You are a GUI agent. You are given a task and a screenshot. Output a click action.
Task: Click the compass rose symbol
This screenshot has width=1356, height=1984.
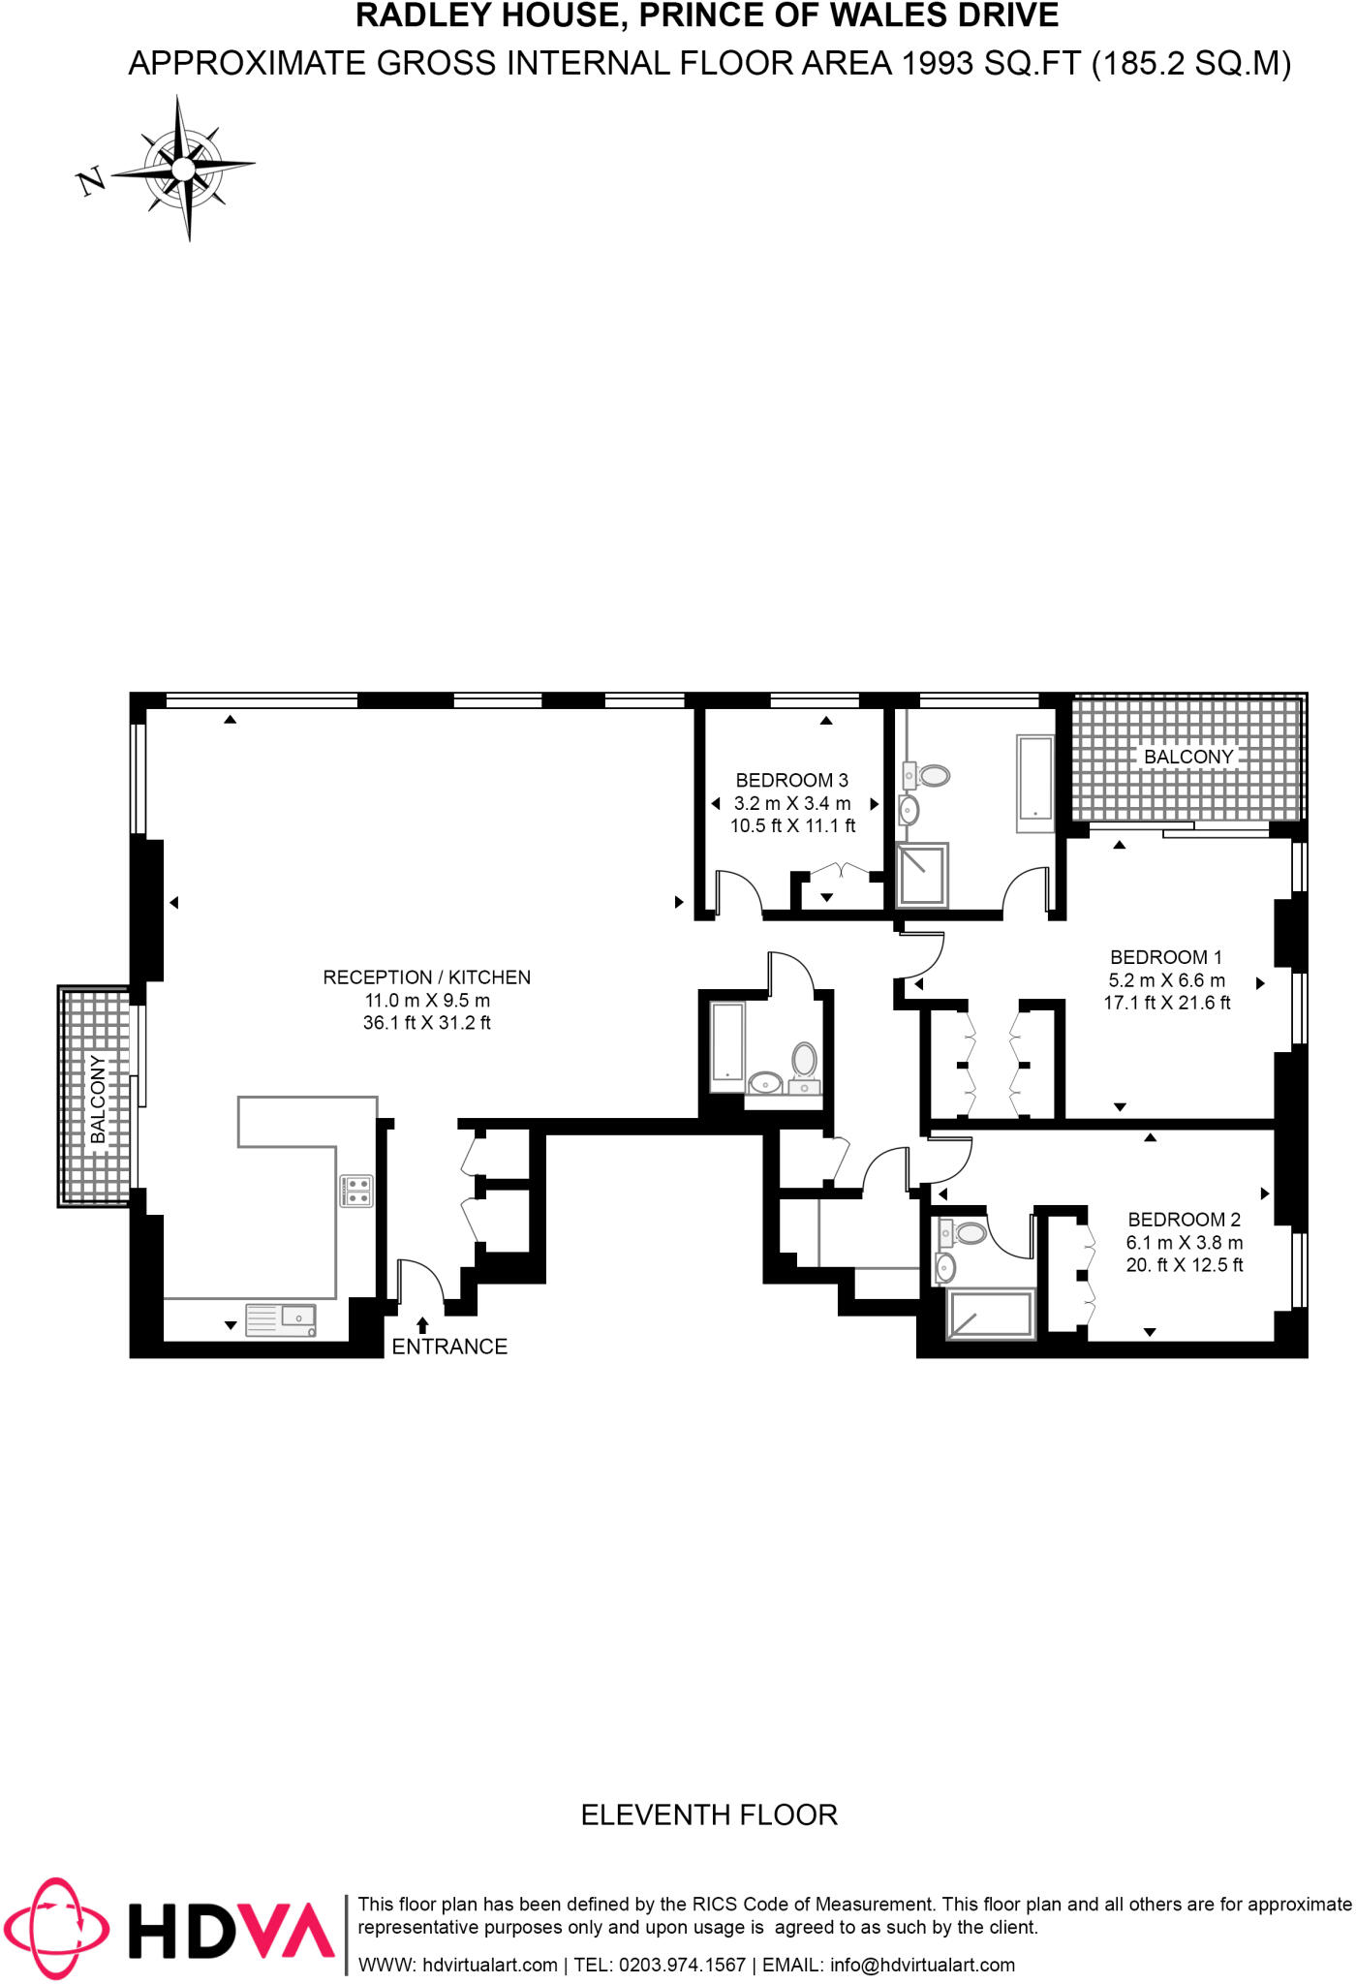(x=184, y=169)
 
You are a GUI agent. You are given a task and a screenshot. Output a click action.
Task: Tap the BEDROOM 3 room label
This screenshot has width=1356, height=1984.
(x=791, y=780)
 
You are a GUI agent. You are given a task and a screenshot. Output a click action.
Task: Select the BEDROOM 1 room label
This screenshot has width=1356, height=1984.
(x=1166, y=957)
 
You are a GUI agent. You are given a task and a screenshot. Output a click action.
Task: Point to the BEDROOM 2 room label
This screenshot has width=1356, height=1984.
(x=1184, y=1220)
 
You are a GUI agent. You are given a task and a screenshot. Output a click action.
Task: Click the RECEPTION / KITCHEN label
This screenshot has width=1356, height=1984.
(x=426, y=977)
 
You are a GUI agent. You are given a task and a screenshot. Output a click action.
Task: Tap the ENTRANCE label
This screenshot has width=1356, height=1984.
(x=449, y=1347)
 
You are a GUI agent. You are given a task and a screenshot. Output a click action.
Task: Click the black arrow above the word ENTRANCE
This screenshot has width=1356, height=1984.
(x=422, y=1325)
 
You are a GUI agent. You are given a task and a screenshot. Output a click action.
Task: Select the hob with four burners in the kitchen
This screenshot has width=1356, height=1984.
(x=356, y=1191)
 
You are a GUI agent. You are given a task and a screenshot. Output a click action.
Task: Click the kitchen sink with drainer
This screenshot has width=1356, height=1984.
(x=281, y=1319)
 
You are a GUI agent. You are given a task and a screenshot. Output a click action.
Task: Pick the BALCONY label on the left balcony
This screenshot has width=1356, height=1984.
(x=98, y=1099)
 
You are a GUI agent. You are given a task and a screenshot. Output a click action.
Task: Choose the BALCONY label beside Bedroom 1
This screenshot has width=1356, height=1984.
(x=1188, y=757)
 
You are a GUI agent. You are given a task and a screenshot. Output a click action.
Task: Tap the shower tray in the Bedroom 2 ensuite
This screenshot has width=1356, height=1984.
(x=990, y=1314)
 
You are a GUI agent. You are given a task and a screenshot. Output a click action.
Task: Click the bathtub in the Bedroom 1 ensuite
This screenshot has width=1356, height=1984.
(x=1034, y=784)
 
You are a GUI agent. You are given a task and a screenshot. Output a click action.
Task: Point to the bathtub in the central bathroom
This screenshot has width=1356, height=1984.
(x=727, y=1047)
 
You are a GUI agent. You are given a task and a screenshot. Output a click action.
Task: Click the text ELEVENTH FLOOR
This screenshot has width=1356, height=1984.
(x=709, y=1814)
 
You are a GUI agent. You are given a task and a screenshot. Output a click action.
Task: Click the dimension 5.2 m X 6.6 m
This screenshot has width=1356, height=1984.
(x=1166, y=980)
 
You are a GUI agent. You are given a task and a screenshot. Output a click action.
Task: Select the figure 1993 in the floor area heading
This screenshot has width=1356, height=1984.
(x=937, y=63)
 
